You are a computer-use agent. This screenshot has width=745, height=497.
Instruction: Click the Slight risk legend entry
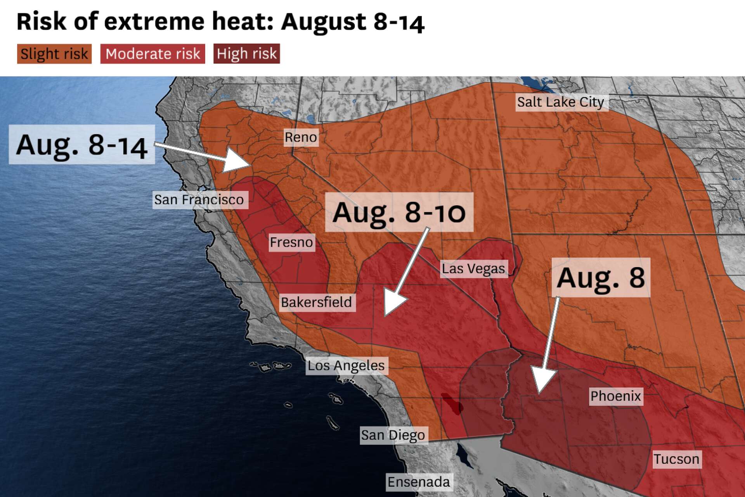point(54,54)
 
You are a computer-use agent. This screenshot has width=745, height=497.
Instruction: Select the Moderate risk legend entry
point(152,54)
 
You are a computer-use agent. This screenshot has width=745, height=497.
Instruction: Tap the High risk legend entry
point(246,54)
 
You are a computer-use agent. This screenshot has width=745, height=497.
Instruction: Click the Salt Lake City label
point(561,102)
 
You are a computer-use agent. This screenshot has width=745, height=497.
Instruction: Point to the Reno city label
point(301,137)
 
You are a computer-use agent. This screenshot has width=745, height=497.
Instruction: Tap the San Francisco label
point(199,200)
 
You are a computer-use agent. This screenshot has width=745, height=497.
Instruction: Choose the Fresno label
point(291,242)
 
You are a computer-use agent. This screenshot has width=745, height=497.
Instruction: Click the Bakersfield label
point(317,302)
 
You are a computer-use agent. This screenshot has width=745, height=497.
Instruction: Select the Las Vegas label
point(473,269)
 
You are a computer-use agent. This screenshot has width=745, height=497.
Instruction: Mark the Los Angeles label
point(346,365)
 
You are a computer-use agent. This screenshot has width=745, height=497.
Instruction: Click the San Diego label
point(393,435)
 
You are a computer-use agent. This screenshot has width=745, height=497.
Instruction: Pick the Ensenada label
point(419,482)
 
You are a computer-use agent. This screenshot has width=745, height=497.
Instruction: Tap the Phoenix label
point(616,396)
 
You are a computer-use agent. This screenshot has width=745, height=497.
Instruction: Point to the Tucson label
point(676,459)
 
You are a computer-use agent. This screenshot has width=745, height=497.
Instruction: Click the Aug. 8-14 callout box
point(82,144)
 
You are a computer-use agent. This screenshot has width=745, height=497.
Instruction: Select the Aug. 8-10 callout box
point(399,212)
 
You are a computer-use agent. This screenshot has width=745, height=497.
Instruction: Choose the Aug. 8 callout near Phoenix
point(601,277)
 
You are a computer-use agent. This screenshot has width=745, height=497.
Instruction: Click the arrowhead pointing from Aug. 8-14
point(237,161)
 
